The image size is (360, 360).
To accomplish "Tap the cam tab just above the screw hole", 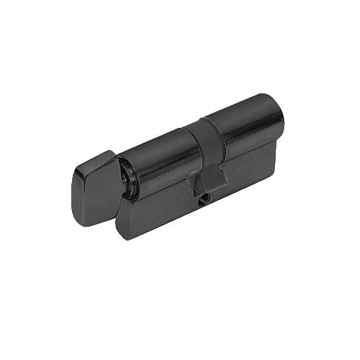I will pos(205,182).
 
